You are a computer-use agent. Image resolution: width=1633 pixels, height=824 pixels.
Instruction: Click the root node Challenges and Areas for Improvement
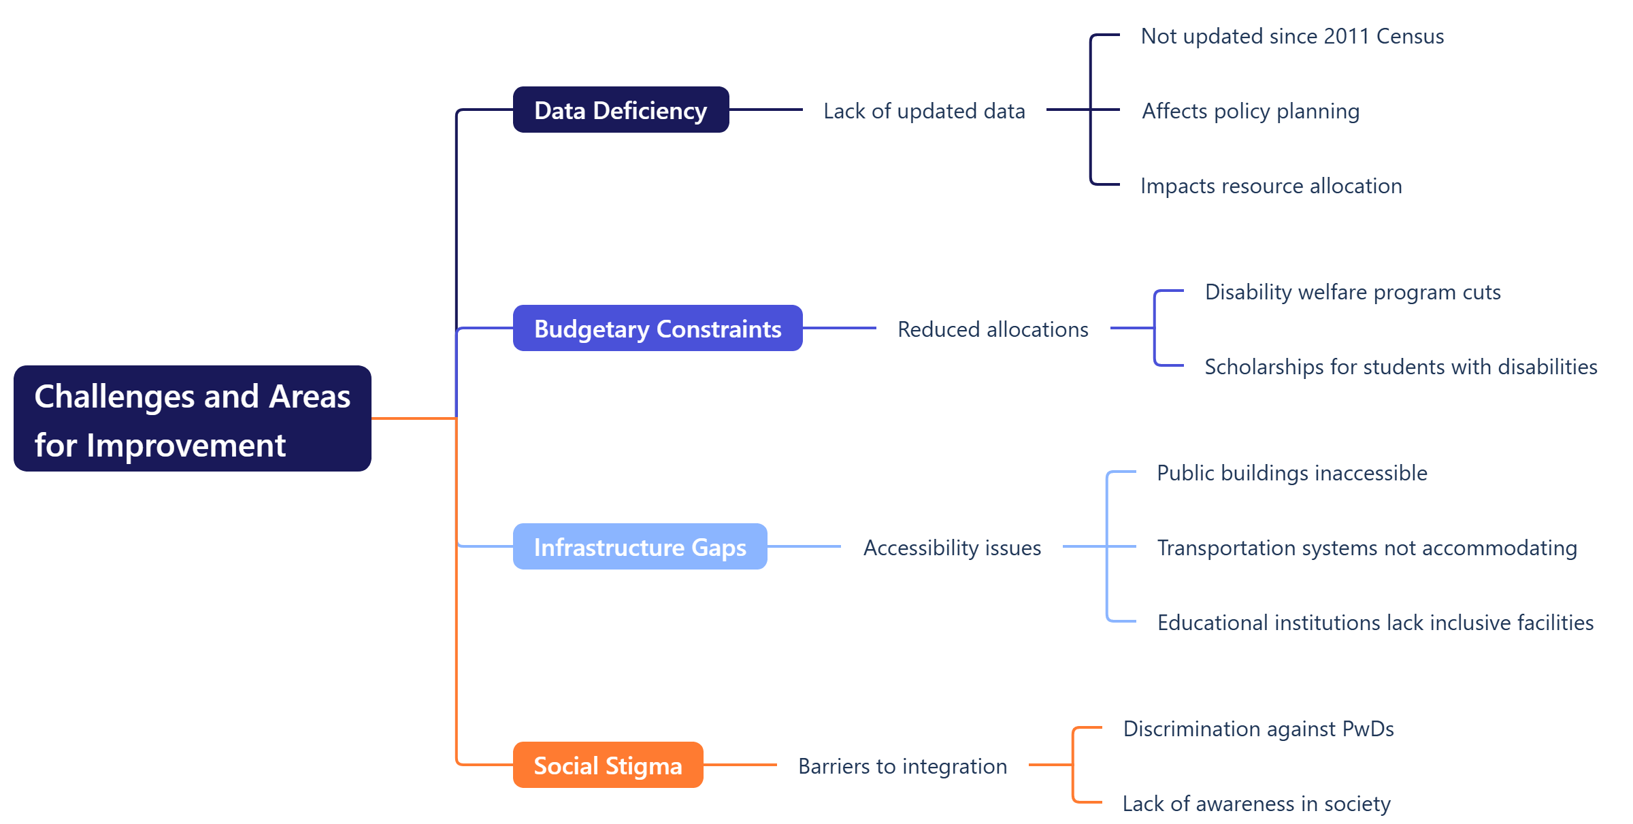pos(193,418)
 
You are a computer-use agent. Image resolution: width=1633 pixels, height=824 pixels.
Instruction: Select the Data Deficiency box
pos(621,110)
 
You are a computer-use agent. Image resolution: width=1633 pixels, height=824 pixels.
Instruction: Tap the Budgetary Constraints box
pos(657,328)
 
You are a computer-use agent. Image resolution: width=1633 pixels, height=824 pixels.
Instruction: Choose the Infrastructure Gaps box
pos(640,546)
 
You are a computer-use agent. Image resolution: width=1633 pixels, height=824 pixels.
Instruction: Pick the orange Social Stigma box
pos(608,765)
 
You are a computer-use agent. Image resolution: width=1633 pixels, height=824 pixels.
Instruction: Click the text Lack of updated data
pos(924,111)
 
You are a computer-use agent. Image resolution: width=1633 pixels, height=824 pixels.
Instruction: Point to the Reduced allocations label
pos(993,329)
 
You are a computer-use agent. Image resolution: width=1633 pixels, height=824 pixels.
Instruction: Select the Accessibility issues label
pos(952,548)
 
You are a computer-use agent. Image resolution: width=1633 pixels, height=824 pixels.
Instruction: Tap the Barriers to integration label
pos(902,766)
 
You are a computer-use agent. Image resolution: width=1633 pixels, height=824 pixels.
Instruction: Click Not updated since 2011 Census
pos(1292,36)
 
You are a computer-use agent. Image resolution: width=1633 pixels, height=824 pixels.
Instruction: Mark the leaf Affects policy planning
pos(1251,111)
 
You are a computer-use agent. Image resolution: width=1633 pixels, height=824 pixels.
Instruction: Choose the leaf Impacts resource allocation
pos(1271,186)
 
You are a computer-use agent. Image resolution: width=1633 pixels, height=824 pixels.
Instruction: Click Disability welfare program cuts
pos(1353,292)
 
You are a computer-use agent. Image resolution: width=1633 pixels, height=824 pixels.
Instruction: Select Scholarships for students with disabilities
pos(1401,367)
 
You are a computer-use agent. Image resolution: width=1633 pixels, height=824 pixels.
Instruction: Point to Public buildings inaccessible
pos(1292,473)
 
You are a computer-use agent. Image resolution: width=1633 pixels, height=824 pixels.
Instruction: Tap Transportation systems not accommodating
pos(1367,548)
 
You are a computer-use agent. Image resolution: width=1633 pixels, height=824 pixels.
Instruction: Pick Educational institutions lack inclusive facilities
pos(1375,623)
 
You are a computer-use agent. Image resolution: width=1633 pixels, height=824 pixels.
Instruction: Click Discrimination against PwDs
pos(1258,729)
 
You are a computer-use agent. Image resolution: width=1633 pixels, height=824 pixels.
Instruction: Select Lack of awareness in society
pos(1256,804)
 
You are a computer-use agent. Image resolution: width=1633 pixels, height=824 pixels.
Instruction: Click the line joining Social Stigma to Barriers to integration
pos(740,765)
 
